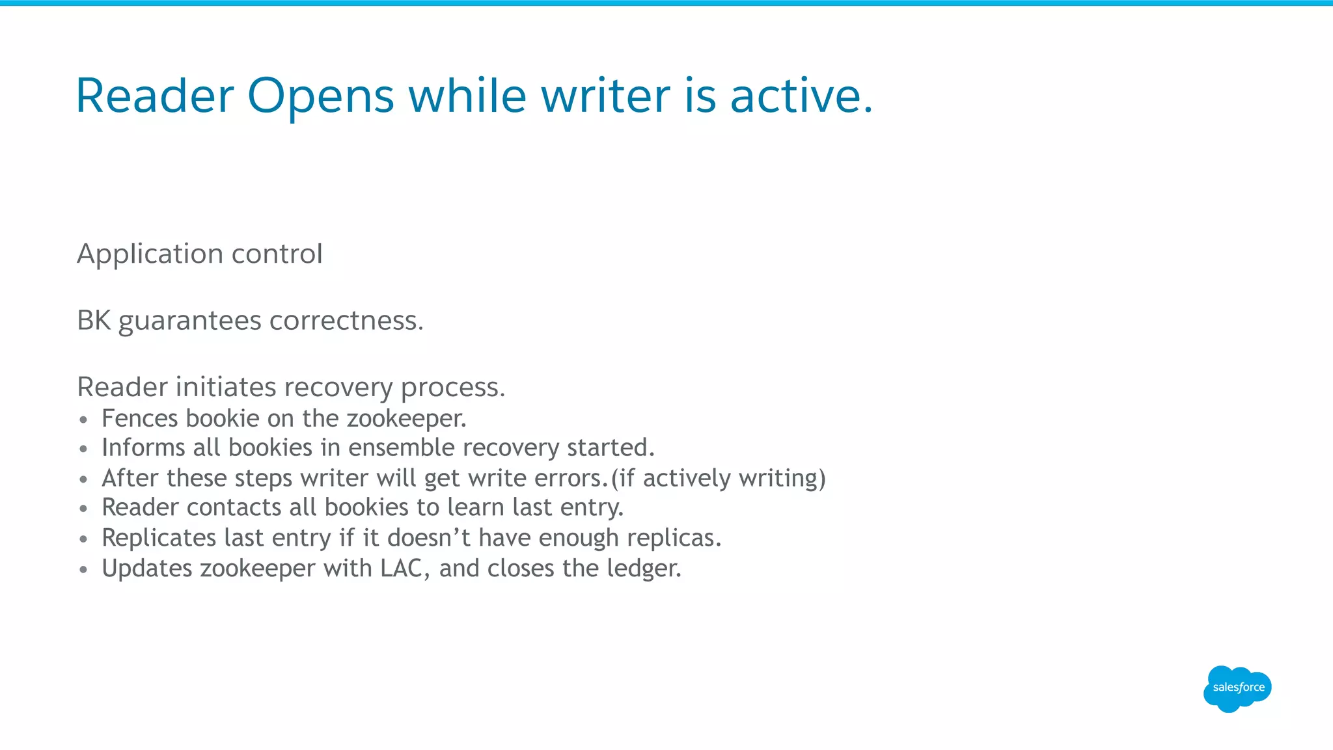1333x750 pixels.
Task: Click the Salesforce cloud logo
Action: [x=1237, y=688]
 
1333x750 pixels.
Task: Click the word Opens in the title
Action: [x=320, y=96]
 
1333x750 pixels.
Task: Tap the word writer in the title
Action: [x=605, y=96]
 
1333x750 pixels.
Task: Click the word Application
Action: [x=150, y=254]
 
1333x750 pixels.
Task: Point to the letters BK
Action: [x=94, y=321]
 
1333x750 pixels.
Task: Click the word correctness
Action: [x=346, y=321]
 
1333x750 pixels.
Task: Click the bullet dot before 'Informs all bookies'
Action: [x=83, y=449]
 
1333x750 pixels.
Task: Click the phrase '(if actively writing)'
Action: [x=719, y=479]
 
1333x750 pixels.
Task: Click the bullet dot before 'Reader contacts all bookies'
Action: [x=83, y=509]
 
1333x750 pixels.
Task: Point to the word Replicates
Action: [x=159, y=539]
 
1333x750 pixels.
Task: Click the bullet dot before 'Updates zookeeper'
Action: [x=83, y=570]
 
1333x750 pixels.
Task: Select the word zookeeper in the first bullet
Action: [x=406, y=418]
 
